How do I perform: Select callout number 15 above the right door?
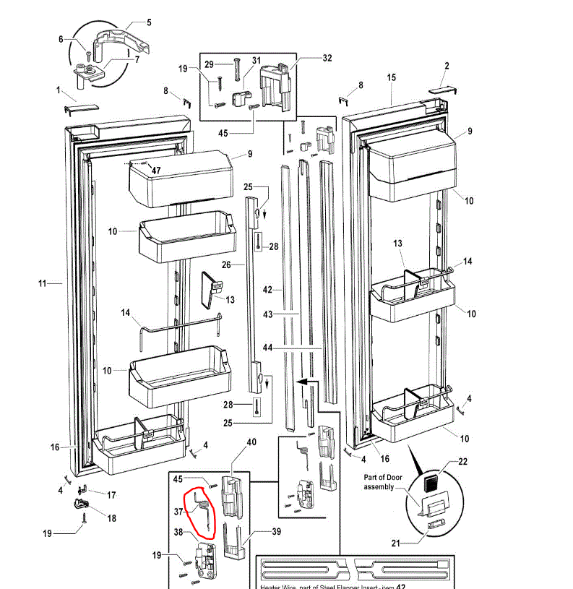(x=392, y=77)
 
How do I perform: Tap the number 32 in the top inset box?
(x=327, y=58)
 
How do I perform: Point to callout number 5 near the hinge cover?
(x=149, y=22)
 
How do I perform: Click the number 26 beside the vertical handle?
(x=226, y=265)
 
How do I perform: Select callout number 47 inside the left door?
(x=156, y=169)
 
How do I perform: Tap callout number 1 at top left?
(x=59, y=90)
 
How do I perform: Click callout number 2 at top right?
(x=447, y=66)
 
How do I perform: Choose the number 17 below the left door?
(x=111, y=495)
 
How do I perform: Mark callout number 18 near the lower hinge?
(x=111, y=518)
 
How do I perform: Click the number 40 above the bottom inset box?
(x=251, y=442)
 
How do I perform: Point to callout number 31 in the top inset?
(x=256, y=60)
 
